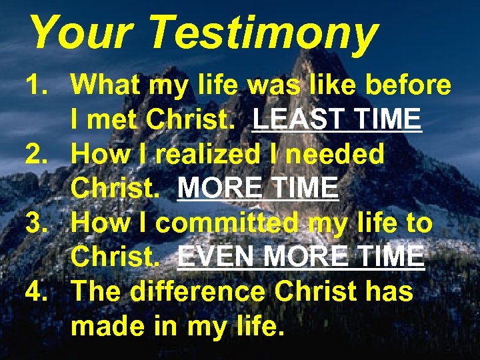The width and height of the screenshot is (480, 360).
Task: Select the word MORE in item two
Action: [x=221, y=189]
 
